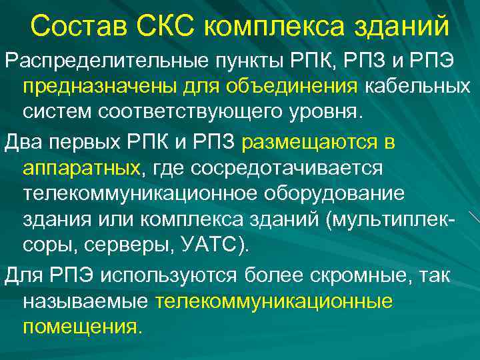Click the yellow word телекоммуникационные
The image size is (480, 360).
click(x=274, y=301)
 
